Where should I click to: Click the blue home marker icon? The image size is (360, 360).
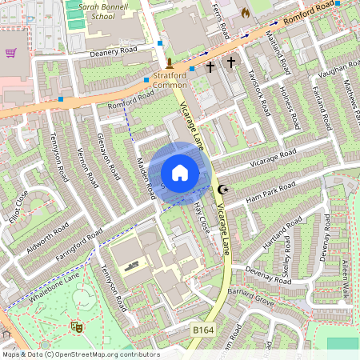tap(180, 173)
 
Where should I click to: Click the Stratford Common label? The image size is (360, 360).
tap(169, 79)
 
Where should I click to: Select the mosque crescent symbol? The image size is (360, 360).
tap(223, 190)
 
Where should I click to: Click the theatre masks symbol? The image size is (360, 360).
tap(78, 326)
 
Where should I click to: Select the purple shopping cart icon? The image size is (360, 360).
tap(11, 53)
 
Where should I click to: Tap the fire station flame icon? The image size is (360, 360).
tap(245, 13)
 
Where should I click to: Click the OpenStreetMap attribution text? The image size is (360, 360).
tap(80, 354)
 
